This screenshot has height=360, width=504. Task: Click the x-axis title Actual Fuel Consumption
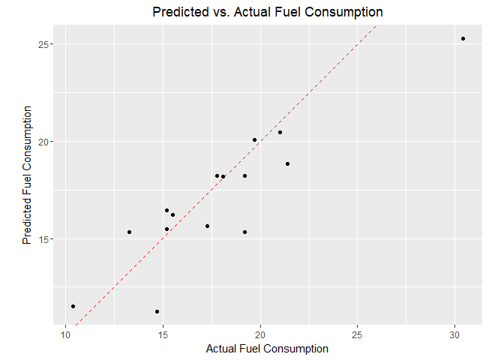coord(267,349)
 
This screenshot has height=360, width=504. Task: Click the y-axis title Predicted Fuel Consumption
coord(28,175)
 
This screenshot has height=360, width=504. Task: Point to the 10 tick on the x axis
coord(66,334)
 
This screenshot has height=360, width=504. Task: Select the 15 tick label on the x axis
coord(163,334)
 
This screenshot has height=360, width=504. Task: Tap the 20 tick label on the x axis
coord(260,334)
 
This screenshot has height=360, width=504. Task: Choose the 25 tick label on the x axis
coord(357,334)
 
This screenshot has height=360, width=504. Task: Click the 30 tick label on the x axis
coord(454,334)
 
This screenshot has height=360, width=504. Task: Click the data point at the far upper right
coord(463,38)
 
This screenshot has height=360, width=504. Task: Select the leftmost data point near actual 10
coord(73,306)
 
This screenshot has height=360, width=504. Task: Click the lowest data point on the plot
coord(157,311)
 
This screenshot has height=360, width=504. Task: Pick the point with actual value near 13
coord(129,232)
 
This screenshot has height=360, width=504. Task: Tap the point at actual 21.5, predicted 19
coord(287,163)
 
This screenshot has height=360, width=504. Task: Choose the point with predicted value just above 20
coord(254,139)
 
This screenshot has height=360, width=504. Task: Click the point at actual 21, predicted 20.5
coord(280,132)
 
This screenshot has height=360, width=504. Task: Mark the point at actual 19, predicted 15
coord(244,232)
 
